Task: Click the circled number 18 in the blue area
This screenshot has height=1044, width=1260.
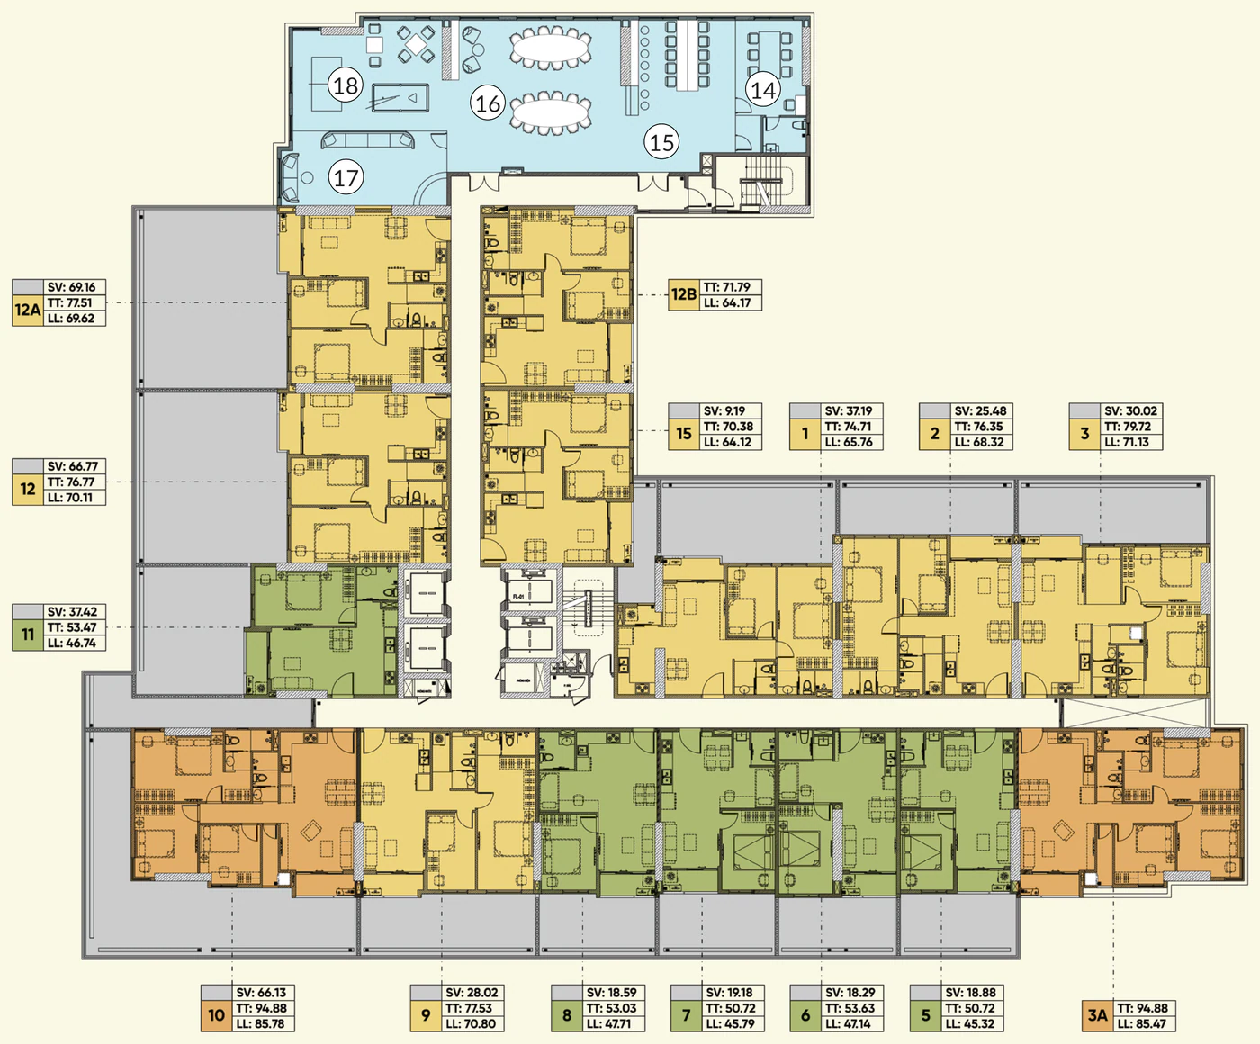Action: (x=346, y=85)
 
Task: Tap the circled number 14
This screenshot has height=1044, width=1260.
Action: (x=763, y=90)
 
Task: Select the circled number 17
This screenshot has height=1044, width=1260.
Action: (x=346, y=177)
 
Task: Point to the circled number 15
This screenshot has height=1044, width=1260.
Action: (x=661, y=142)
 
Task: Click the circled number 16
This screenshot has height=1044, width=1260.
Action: (x=488, y=103)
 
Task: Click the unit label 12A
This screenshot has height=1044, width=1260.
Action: (x=28, y=310)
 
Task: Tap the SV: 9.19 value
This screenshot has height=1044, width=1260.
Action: (x=724, y=411)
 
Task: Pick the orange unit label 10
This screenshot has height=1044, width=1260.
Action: (x=217, y=1015)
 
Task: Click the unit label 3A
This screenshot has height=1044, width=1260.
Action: (x=1098, y=1015)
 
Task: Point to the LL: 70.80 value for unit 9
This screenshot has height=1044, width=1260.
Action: (x=471, y=1023)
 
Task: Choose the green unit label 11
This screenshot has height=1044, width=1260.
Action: (x=28, y=634)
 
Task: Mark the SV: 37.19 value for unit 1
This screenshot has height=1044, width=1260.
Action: (x=849, y=411)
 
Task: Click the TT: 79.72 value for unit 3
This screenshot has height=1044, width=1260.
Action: (x=1128, y=427)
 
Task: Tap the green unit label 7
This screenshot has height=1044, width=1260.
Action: (x=686, y=1015)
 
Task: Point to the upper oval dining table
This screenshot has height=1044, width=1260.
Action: (x=550, y=47)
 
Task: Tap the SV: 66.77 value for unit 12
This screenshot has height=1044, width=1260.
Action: (x=72, y=466)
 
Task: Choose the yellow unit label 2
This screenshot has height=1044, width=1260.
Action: (x=935, y=434)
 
